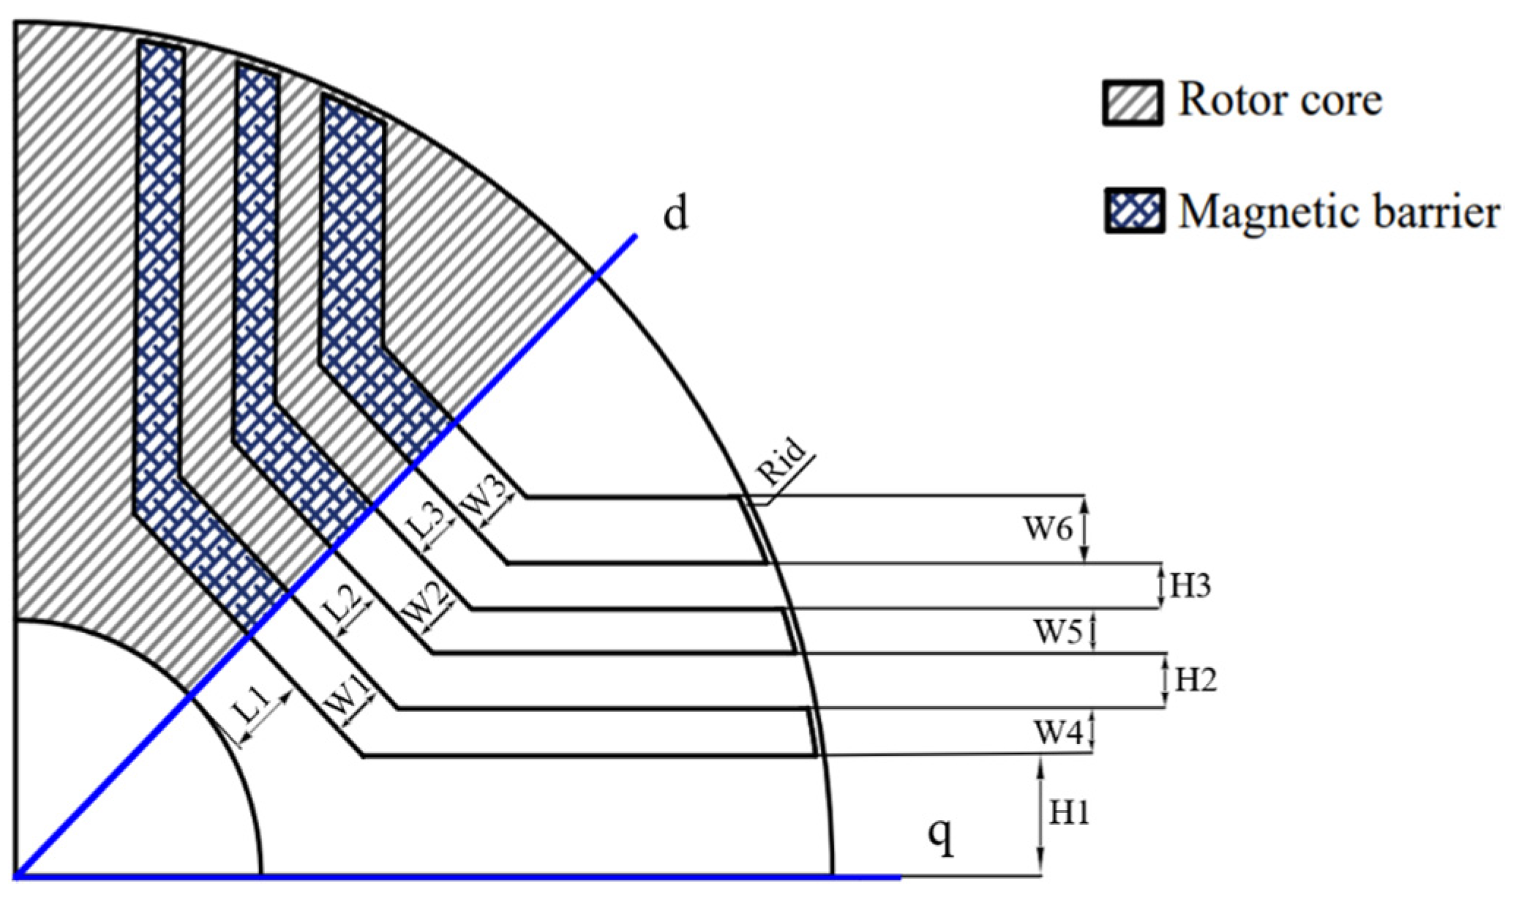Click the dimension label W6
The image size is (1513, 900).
[1048, 528]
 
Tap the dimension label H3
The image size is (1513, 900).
[1190, 586]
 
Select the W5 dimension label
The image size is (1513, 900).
[1057, 631]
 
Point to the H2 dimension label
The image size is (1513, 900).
[1195, 680]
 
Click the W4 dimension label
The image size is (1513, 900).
[1057, 732]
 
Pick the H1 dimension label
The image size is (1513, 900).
[1070, 813]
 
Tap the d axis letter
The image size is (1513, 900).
[675, 214]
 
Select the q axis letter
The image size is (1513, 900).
[940, 836]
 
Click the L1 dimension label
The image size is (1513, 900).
[252, 709]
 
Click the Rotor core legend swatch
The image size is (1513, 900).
[1133, 103]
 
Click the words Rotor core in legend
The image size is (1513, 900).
[1280, 100]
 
